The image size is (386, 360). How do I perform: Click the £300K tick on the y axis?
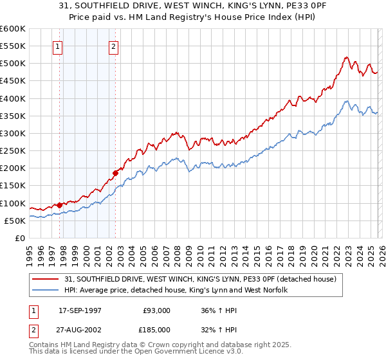coord(13,134)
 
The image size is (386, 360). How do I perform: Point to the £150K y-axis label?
coord(13,186)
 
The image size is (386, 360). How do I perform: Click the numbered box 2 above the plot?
coord(114,46)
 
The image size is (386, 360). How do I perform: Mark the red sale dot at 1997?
coord(60,205)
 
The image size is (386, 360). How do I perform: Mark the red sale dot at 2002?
coord(116,172)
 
